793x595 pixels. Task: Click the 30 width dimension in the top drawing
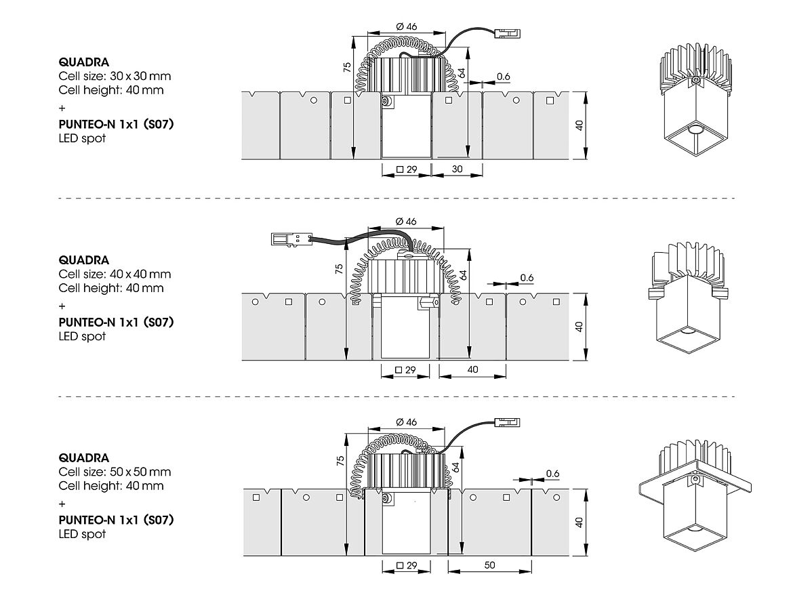[457, 169]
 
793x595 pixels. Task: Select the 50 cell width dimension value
[489, 565]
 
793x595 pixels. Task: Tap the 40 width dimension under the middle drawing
[473, 369]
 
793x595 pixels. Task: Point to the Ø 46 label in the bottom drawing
[406, 422]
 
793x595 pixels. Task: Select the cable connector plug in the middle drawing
[289, 239]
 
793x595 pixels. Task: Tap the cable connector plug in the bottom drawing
[508, 422]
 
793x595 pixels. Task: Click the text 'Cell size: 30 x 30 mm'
[115, 76]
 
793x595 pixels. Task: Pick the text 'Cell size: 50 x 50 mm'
[115, 472]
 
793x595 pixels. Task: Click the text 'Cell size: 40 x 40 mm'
[115, 274]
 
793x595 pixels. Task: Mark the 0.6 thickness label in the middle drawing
[527, 277]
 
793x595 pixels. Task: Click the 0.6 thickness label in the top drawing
[503, 77]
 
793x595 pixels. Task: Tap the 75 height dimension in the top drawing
[346, 66]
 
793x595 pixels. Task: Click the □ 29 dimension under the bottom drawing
[406, 565]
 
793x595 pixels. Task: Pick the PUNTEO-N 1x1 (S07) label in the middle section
[116, 323]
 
